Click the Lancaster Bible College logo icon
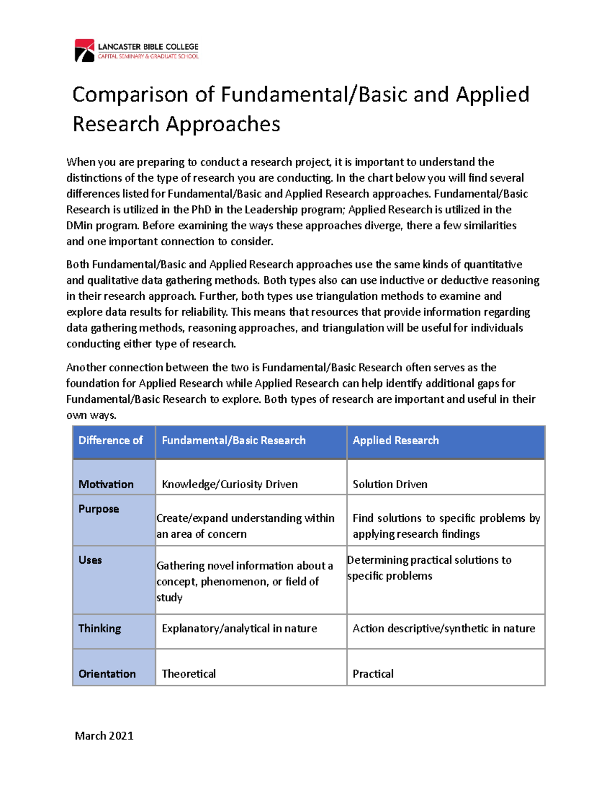pos(85,51)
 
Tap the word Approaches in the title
pos(223,124)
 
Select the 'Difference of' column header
pos(110,440)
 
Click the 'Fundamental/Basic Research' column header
pos(234,440)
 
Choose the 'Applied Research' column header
pos(395,440)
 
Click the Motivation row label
pos(106,484)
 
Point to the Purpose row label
pos(98,509)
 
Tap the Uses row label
pos(90,560)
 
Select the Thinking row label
pos(100,629)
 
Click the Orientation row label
pos(107,674)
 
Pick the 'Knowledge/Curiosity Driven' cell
pos(229,484)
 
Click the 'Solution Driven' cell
pos(390,484)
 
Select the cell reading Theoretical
pos(189,674)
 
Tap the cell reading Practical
pos(373,674)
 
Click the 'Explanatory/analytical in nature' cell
pos(239,629)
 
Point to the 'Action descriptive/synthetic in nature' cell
pos(444,629)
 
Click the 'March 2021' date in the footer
pos(104,736)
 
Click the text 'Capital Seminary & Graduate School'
pos(148,56)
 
